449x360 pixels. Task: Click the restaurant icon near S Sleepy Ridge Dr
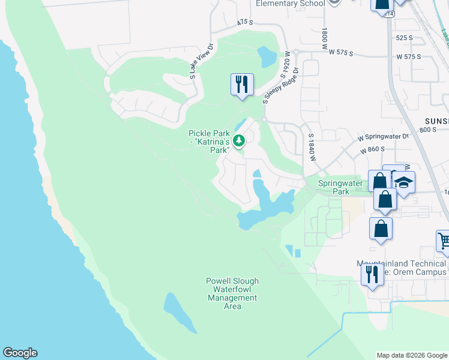click(242, 84)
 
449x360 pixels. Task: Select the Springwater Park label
click(340, 187)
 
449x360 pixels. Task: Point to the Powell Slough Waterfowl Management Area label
click(232, 293)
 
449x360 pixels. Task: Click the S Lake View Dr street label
click(201, 61)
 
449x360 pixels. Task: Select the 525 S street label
click(404, 38)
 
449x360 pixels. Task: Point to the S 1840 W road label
click(311, 147)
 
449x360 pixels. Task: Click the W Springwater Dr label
click(384, 137)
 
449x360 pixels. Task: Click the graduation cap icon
click(404, 182)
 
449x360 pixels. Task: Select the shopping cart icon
click(443, 240)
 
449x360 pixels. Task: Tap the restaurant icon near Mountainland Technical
click(372, 274)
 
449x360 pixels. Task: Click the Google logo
click(20, 353)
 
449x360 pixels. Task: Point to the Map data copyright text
click(412, 355)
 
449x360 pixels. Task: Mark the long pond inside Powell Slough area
click(179, 312)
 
